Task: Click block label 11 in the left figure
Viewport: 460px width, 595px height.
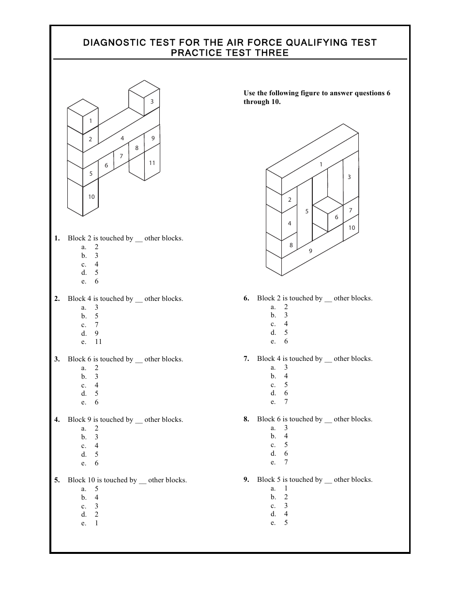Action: (152, 163)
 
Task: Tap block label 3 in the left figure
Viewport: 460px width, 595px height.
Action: (152, 102)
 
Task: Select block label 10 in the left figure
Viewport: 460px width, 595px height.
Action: (92, 197)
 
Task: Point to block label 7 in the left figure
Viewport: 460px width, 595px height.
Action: (122, 156)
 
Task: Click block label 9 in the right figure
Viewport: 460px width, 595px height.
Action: (310, 251)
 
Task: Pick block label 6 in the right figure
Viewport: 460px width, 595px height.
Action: (337, 218)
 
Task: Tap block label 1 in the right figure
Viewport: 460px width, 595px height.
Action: (321, 165)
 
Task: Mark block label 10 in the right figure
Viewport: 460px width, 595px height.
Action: (352, 228)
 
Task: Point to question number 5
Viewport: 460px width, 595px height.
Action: (57, 480)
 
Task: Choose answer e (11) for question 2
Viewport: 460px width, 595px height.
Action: (98, 342)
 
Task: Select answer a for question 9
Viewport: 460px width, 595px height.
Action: (286, 489)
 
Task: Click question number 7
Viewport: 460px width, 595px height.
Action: (246, 359)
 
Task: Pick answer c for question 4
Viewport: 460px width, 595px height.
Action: (96, 446)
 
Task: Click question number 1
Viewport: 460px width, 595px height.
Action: (57, 238)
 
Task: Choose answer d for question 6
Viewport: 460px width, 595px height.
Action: (286, 333)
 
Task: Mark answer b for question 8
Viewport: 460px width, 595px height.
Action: (286, 436)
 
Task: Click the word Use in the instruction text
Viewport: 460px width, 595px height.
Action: (249, 93)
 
